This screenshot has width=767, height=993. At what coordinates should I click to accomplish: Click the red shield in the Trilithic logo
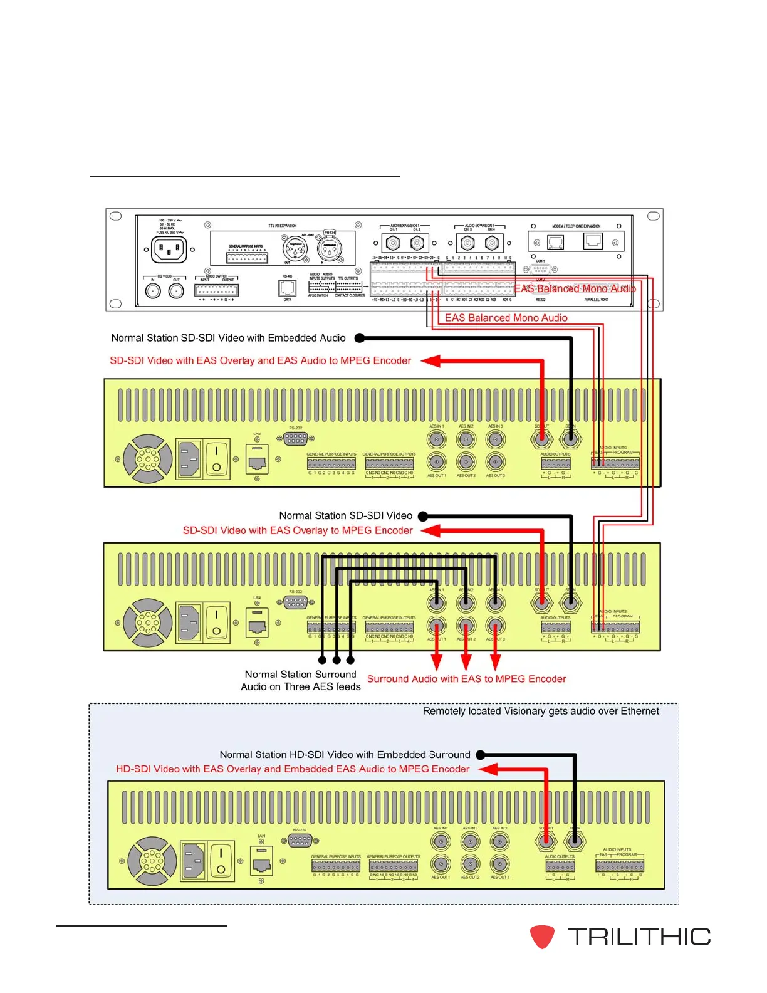(542, 937)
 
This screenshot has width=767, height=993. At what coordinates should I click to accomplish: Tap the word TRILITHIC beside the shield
(639, 937)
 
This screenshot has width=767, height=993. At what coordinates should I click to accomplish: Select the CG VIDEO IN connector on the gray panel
(153, 291)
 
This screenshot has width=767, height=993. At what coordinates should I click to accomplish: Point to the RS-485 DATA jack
(287, 288)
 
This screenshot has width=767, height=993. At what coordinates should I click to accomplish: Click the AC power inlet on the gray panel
(169, 250)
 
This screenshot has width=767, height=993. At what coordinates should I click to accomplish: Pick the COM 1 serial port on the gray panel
(540, 269)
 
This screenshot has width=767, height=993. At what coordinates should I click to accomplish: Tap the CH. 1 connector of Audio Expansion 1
(393, 243)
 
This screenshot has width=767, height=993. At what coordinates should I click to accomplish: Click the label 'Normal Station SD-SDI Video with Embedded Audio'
(228, 338)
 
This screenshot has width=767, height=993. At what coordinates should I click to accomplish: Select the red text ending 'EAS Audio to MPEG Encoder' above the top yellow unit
(260, 360)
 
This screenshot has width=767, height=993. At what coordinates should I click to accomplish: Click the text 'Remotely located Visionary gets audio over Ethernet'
(541, 711)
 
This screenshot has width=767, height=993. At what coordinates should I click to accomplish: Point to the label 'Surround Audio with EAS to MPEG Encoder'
(466, 679)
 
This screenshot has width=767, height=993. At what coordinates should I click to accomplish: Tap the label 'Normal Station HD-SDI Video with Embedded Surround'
(345, 755)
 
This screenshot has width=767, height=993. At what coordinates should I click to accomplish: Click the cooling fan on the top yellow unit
(148, 460)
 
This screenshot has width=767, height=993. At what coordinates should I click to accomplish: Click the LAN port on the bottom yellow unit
(261, 864)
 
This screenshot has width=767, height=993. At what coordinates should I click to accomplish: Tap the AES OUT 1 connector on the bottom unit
(441, 863)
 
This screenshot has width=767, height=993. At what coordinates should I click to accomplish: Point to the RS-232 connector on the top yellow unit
(296, 439)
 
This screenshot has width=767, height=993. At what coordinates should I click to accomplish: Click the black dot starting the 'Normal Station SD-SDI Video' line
(423, 517)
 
